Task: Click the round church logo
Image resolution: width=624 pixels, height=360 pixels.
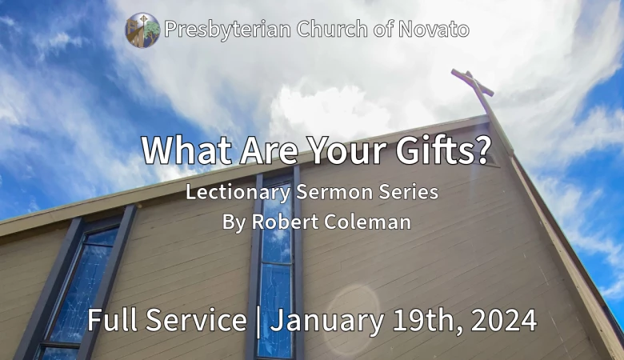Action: pyautogui.click(x=143, y=30)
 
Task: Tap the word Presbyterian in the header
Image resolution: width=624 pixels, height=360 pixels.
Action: pyautogui.click(x=228, y=30)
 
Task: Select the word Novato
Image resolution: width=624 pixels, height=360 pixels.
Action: pyautogui.click(x=434, y=29)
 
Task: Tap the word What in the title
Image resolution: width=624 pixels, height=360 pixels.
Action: pyautogui.click(x=187, y=150)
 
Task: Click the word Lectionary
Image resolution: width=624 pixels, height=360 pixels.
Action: pyautogui.click(x=238, y=192)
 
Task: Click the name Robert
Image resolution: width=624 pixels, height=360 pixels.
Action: pyautogui.click(x=285, y=222)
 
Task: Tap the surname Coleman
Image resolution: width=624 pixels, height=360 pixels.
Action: pyautogui.click(x=367, y=222)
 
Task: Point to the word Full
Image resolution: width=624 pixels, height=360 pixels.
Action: pyautogui.click(x=113, y=319)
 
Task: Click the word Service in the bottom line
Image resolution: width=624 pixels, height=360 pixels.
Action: pyautogui.click(x=196, y=319)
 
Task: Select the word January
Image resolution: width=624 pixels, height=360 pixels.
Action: pyautogui.click(x=327, y=321)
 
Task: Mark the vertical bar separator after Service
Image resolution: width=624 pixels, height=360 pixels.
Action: pyautogui.click(x=258, y=322)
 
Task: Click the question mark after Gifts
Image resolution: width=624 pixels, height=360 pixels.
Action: pyautogui.click(x=483, y=150)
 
